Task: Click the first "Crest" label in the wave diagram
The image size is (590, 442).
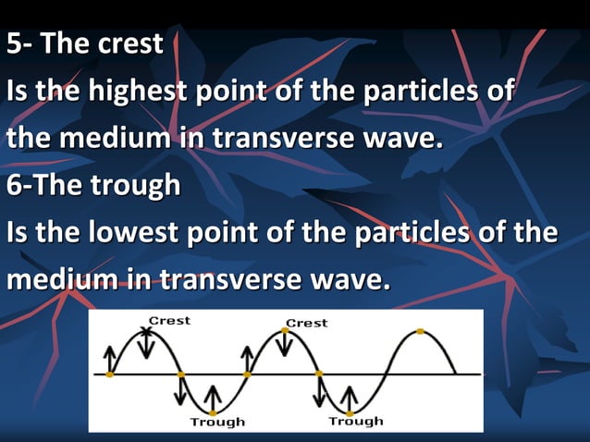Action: click(x=169, y=321)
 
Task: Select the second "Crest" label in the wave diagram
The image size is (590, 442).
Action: click(x=306, y=323)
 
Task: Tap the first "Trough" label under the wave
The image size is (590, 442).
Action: click(x=217, y=422)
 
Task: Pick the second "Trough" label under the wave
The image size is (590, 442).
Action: click(x=356, y=421)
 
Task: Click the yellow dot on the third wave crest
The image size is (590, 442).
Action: click(x=421, y=331)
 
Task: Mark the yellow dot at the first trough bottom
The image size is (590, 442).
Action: click(x=213, y=412)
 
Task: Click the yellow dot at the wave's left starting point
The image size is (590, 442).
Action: click(x=110, y=374)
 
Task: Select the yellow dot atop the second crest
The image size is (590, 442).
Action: click(x=283, y=332)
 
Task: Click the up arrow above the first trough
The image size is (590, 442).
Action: click(x=213, y=396)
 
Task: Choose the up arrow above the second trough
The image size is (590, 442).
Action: click(x=350, y=396)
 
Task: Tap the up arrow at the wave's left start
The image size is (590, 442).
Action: click(x=110, y=357)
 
